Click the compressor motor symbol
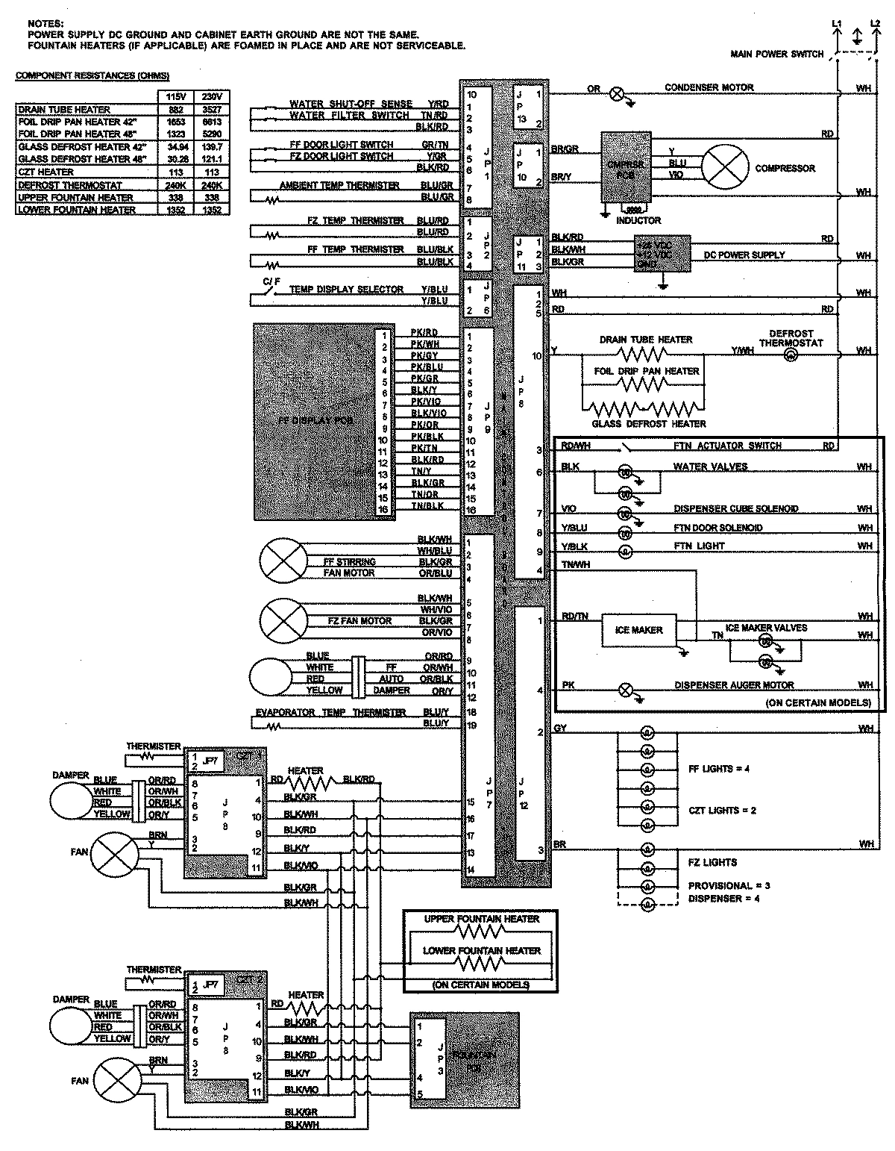point(726,167)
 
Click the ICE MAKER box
point(638,631)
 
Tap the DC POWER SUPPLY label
point(744,255)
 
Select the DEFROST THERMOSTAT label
point(791,338)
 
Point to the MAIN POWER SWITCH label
point(776,54)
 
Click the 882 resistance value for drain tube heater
point(175,110)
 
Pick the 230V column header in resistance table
point(212,96)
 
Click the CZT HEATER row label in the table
point(46,172)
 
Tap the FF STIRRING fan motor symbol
point(283,561)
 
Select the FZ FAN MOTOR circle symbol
point(283,620)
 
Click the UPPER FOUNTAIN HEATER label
point(481,919)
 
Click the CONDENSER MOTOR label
point(709,87)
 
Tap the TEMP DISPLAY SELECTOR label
point(346,290)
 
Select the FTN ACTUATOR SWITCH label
point(727,446)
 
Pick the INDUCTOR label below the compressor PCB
point(638,220)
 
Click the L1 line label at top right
point(836,24)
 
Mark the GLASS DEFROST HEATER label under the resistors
point(648,424)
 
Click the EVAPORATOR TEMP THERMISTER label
point(330,713)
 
